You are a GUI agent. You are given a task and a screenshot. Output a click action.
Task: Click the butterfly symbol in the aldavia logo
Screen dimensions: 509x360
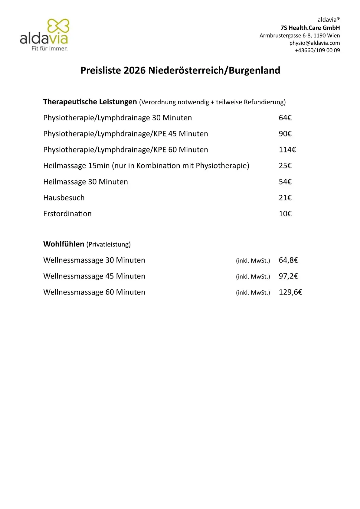point(58,26)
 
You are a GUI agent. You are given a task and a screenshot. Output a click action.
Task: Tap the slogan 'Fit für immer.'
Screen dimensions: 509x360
point(50,48)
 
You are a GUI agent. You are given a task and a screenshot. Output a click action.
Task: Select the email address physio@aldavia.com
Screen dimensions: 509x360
point(314,43)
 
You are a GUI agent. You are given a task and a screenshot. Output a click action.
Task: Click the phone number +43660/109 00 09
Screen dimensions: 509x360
point(317,50)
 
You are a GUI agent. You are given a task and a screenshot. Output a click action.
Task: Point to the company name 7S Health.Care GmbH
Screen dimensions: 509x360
point(310,28)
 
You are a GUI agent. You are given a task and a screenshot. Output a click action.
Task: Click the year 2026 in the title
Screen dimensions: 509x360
point(135,70)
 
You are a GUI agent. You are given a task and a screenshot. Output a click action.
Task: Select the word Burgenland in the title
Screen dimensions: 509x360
point(254,70)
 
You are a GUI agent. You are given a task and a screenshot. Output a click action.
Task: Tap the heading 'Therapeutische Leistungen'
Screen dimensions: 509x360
point(90,102)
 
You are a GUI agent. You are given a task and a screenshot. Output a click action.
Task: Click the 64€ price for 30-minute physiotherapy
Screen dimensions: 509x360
point(285,118)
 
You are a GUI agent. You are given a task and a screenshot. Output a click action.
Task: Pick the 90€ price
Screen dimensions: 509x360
point(285,134)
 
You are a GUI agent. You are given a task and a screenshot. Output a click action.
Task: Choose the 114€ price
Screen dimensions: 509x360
point(287,150)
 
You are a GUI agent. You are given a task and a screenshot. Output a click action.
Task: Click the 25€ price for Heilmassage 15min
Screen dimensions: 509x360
point(285,166)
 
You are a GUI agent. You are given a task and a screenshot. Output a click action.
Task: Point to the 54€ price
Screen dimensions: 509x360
point(285,182)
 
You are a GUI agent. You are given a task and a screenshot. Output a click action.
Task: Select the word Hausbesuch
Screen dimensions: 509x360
point(64,198)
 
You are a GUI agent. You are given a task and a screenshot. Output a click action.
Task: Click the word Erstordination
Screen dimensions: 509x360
point(67,214)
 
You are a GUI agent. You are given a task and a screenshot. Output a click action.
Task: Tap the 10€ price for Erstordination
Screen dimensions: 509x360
point(285,214)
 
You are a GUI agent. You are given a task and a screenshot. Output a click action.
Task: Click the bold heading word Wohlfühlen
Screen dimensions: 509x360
point(64,244)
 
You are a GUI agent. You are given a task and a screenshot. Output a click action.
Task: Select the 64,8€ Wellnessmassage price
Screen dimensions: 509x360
point(288,260)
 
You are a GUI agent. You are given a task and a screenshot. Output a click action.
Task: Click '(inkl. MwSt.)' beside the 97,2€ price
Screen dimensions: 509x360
point(253,276)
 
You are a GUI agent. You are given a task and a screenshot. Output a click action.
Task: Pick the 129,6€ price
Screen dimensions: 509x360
point(290,292)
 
